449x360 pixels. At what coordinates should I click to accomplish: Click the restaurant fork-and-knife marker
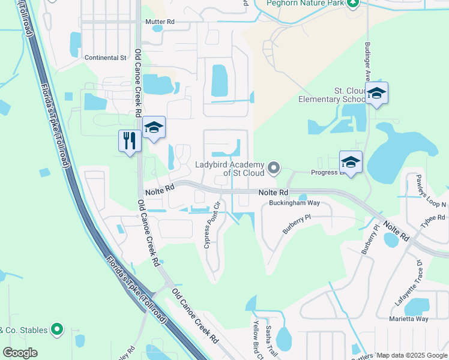[x=130, y=141]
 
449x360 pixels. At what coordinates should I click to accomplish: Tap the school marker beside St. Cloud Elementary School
[x=376, y=94]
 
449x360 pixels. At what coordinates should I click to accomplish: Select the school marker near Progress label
[x=351, y=162]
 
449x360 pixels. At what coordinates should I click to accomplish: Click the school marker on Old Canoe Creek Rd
[x=154, y=128]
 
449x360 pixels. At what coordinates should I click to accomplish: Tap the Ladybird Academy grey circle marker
[x=274, y=167]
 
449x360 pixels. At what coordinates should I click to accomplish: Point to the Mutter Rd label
[x=160, y=22]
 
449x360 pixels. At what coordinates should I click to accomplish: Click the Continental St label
[x=106, y=58]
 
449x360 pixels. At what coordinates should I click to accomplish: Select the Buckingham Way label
[x=294, y=203]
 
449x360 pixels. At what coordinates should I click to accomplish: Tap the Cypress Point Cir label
[x=212, y=224]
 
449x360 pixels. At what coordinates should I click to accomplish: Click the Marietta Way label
[x=409, y=319]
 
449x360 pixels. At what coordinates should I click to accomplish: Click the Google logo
[x=20, y=353]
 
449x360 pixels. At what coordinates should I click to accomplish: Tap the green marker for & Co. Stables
[x=57, y=329]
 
